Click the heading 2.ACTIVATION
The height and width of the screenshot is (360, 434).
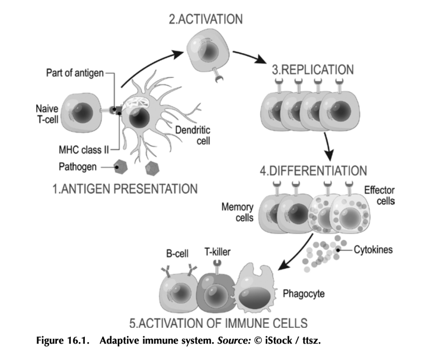(x=206, y=20)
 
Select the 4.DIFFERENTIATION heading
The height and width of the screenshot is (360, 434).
(x=313, y=171)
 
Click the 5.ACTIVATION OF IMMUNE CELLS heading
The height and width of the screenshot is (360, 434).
(x=218, y=323)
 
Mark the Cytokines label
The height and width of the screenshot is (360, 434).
(x=373, y=250)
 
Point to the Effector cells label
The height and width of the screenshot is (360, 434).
(x=379, y=195)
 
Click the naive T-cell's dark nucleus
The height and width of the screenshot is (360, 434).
(x=80, y=112)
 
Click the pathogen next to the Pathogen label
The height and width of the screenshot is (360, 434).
(x=121, y=167)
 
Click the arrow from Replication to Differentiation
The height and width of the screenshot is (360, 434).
(x=328, y=146)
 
